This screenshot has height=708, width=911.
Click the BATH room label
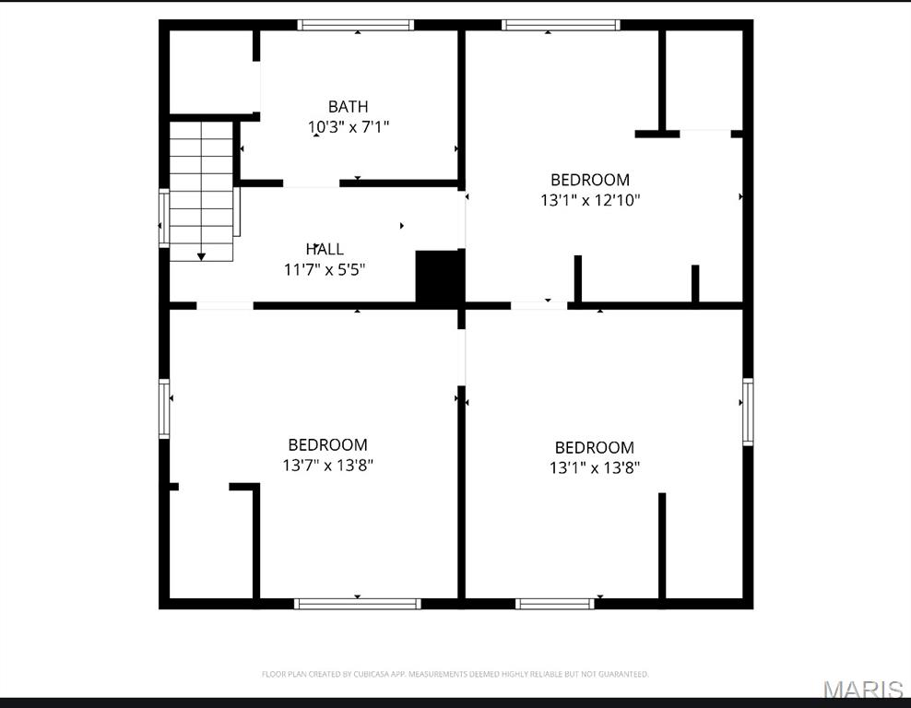tap(348, 107)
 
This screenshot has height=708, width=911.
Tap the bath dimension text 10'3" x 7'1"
tap(348, 127)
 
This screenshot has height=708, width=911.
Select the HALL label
tap(325, 249)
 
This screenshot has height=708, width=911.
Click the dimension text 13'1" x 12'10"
tap(589, 199)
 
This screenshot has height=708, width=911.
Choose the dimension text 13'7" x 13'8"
tap(327, 466)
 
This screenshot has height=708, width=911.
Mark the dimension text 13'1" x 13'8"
tap(594, 468)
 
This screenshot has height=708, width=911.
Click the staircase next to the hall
tap(201, 189)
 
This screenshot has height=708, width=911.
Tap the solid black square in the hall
tap(439, 277)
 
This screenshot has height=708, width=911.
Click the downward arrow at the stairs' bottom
tap(201, 255)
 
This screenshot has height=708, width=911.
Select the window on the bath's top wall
tap(356, 25)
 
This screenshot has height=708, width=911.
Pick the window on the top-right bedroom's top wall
tap(561, 25)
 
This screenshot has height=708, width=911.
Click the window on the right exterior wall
tap(748, 411)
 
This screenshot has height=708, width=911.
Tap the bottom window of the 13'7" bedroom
tap(357, 604)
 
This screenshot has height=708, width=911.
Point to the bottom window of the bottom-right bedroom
tap(554, 604)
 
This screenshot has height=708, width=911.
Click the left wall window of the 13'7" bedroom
tap(164, 407)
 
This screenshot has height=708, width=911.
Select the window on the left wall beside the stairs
tap(164, 218)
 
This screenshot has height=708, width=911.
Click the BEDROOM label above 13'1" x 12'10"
tap(589, 180)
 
